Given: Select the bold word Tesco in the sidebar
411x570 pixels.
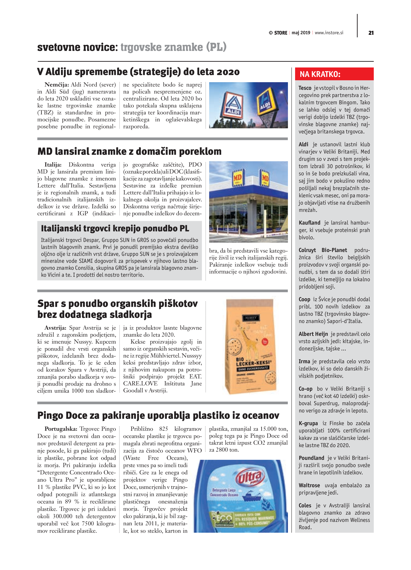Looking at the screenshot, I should pyautogui.click(x=305, y=88).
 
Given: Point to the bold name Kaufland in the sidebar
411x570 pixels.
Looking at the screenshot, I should pyautogui.click(x=309, y=223).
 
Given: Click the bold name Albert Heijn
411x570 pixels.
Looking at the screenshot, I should pyautogui.click(x=313, y=334).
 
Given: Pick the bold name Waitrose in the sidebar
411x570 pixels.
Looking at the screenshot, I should pyautogui.click(x=309, y=485).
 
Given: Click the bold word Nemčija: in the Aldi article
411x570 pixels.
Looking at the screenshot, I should pyautogui.click(x=57, y=85).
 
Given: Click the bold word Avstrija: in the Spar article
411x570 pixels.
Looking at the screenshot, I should pyautogui.click(x=55, y=328).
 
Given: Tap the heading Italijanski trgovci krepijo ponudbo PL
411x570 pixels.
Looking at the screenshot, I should pyautogui.click(x=115, y=228).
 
